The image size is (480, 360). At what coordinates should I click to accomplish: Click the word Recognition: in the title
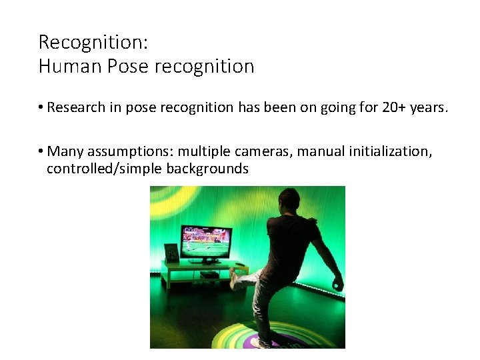coord(93,42)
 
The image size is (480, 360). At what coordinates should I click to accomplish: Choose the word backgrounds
coord(207,169)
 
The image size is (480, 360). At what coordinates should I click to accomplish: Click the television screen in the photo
coord(206,242)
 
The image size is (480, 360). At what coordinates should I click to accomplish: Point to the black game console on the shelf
coord(209,274)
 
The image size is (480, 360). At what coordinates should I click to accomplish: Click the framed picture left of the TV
coord(171,253)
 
